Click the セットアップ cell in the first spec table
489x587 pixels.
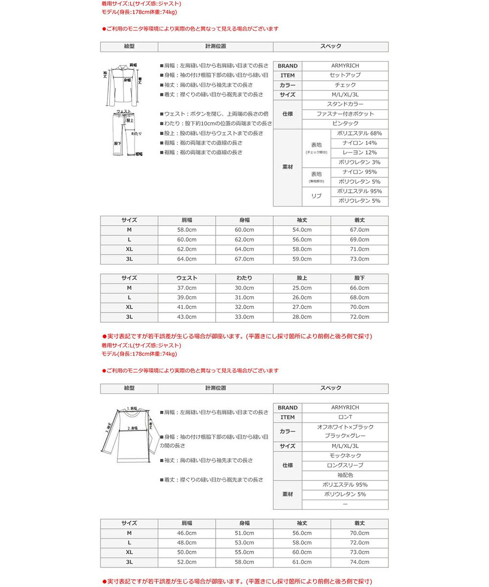[x=345, y=75]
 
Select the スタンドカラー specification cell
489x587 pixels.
[x=345, y=104]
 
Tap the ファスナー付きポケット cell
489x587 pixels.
[x=345, y=114]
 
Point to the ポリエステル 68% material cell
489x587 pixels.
[x=359, y=134]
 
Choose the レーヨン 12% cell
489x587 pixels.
[x=359, y=153]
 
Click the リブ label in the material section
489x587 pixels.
[x=316, y=196]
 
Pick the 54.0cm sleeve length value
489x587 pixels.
[x=302, y=230]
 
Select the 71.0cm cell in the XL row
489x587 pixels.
[x=359, y=249]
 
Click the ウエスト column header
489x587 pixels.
[x=186, y=278]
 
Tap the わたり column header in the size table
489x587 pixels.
[x=244, y=278]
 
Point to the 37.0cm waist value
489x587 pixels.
[x=186, y=288]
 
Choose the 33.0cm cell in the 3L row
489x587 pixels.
[x=244, y=317]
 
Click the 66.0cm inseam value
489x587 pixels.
[x=359, y=288]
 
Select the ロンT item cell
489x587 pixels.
[x=345, y=417]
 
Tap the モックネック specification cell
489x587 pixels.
[x=345, y=456]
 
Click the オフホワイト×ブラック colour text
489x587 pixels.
[x=345, y=427]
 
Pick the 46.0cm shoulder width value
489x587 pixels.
[x=186, y=533]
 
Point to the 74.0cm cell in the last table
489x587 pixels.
[x=359, y=562]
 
